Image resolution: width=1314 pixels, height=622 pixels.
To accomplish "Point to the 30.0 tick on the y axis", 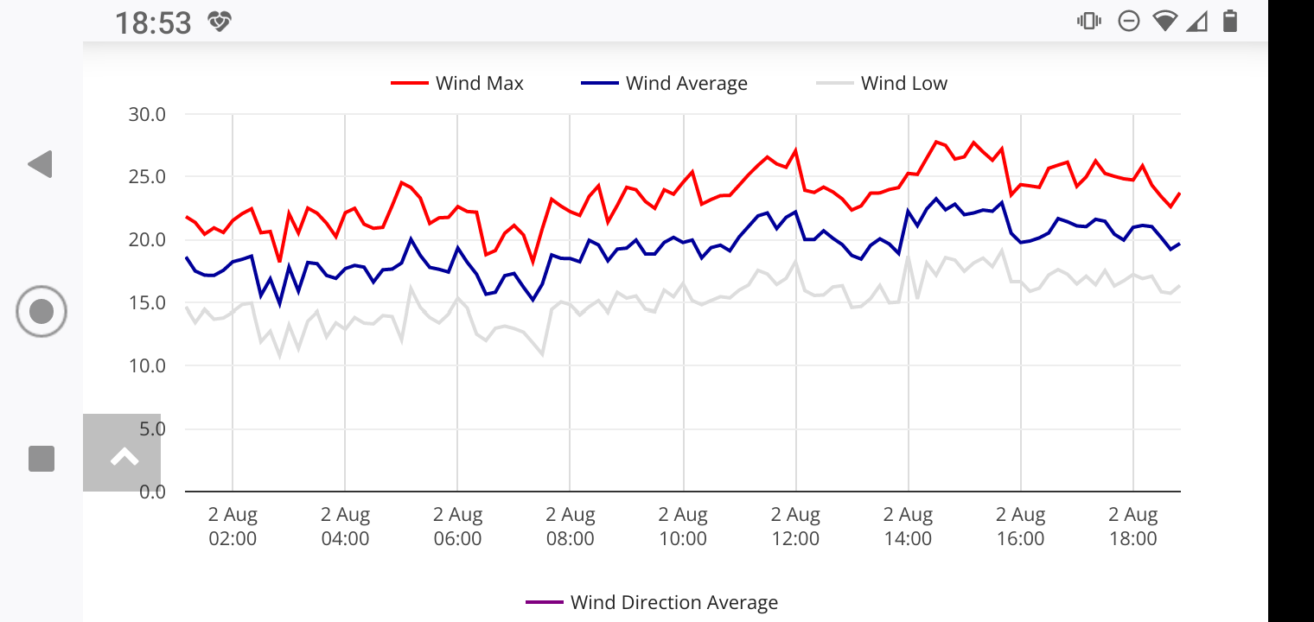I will (147, 114).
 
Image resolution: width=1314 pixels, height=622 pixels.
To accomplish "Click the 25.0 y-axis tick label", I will (147, 177).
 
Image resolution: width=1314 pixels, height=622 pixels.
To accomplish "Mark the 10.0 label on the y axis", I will (147, 365).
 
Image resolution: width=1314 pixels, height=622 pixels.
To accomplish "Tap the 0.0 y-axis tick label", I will (151, 492).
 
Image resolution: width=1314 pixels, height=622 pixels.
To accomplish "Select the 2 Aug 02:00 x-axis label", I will (233, 527).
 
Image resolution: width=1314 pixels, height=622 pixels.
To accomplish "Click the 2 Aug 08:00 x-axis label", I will (570, 527).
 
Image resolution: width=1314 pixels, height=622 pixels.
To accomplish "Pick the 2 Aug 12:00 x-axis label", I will (795, 527).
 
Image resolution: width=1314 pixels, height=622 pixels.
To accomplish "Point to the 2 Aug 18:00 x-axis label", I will (1132, 527).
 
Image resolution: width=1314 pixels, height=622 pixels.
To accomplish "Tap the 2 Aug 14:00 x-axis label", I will (908, 527).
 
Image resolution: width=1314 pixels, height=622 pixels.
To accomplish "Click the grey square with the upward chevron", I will (122, 453).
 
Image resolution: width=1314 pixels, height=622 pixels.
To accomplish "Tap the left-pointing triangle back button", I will (41, 164).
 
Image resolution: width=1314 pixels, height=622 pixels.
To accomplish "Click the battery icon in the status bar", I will (1229, 22).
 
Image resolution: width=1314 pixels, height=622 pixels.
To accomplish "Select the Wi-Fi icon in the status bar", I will (1164, 22).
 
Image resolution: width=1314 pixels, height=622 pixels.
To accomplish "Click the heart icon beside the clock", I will (220, 22).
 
